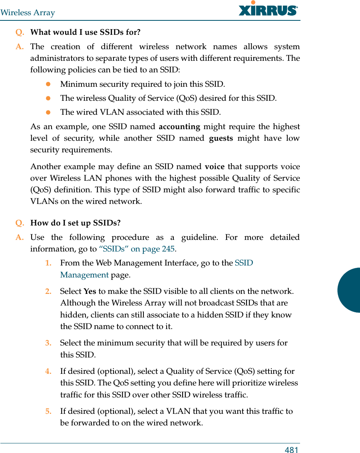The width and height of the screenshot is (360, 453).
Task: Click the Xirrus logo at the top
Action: pos(268,10)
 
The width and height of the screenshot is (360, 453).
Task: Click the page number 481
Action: pos(292,450)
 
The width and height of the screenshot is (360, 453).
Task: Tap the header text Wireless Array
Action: pos(28,13)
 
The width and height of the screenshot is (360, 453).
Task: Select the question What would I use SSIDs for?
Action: pos(85,32)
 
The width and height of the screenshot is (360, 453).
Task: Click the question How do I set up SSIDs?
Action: pos(76,223)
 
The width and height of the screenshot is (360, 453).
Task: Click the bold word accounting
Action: pos(179,127)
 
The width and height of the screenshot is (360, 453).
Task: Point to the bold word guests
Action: pos(221,138)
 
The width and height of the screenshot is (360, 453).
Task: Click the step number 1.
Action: pos(48,263)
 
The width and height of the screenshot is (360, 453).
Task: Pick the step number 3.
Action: pos(48,343)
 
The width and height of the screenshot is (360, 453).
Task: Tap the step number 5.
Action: pos(48,411)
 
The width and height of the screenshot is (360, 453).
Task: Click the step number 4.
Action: pos(48,371)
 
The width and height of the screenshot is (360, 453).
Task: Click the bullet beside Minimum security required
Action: pos(48,84)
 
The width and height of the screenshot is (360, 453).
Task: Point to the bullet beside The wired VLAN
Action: pos(48,112)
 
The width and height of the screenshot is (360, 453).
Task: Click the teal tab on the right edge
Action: pos(350,290)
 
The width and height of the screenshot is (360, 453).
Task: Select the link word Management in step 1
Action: pos(84,275)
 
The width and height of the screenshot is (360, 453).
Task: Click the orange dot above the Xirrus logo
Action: pos(253,2)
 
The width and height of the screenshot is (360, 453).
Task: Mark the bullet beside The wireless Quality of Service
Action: pos(48,98)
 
